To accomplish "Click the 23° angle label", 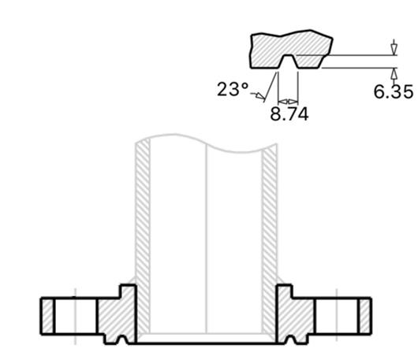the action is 233,89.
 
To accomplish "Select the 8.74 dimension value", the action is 289,114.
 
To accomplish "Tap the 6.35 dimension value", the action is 394,91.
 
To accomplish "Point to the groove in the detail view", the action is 288,61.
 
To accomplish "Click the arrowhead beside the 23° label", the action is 260,95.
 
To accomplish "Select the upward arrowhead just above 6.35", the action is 394,74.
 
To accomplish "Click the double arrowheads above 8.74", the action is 288,102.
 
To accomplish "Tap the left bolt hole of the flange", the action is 76,316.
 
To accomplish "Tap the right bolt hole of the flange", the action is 337,316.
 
